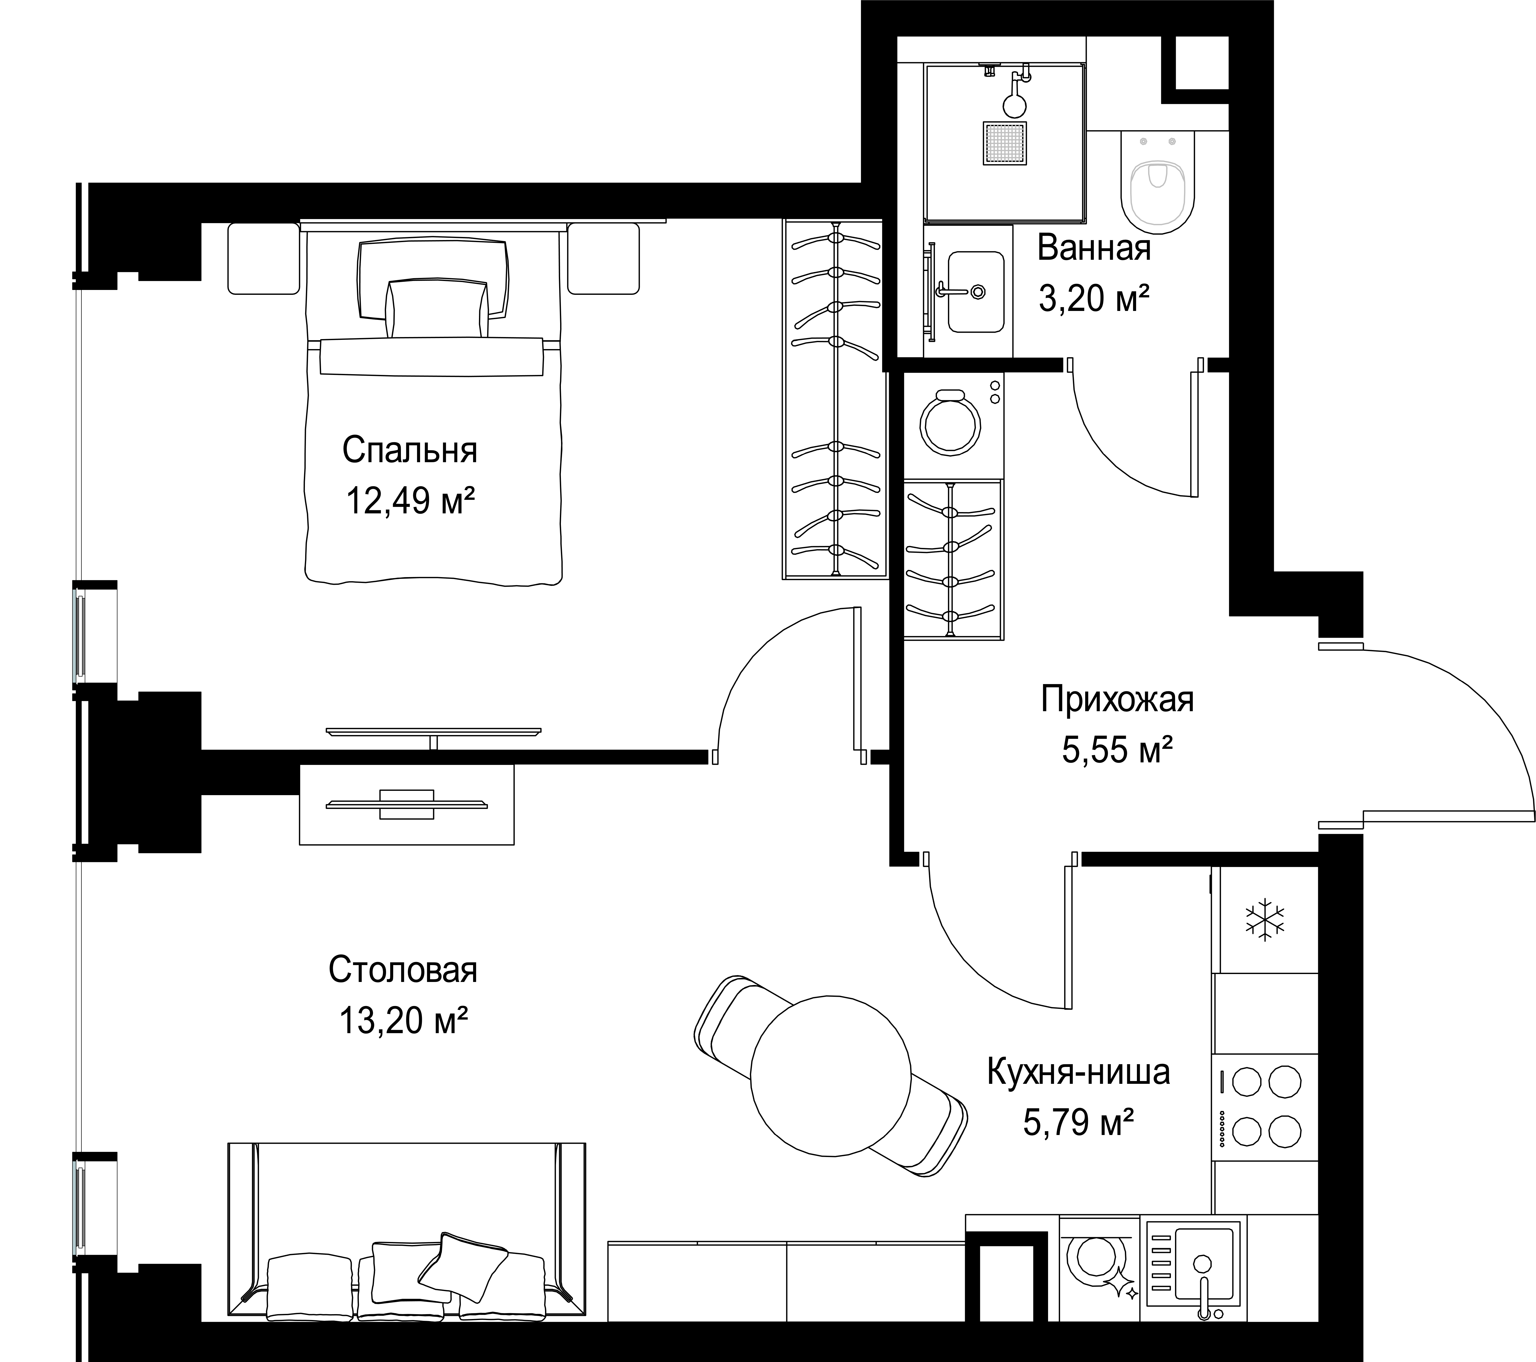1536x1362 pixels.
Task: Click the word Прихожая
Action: [x=1117, y=700]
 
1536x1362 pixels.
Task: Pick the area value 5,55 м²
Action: [x=1117, y=750]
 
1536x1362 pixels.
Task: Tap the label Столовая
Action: [x=403, y=970]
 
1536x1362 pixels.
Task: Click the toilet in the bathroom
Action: [x=1157, y=179]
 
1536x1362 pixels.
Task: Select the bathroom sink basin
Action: [x=975, y=291]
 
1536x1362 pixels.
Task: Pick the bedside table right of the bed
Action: [x=603, y=258]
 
